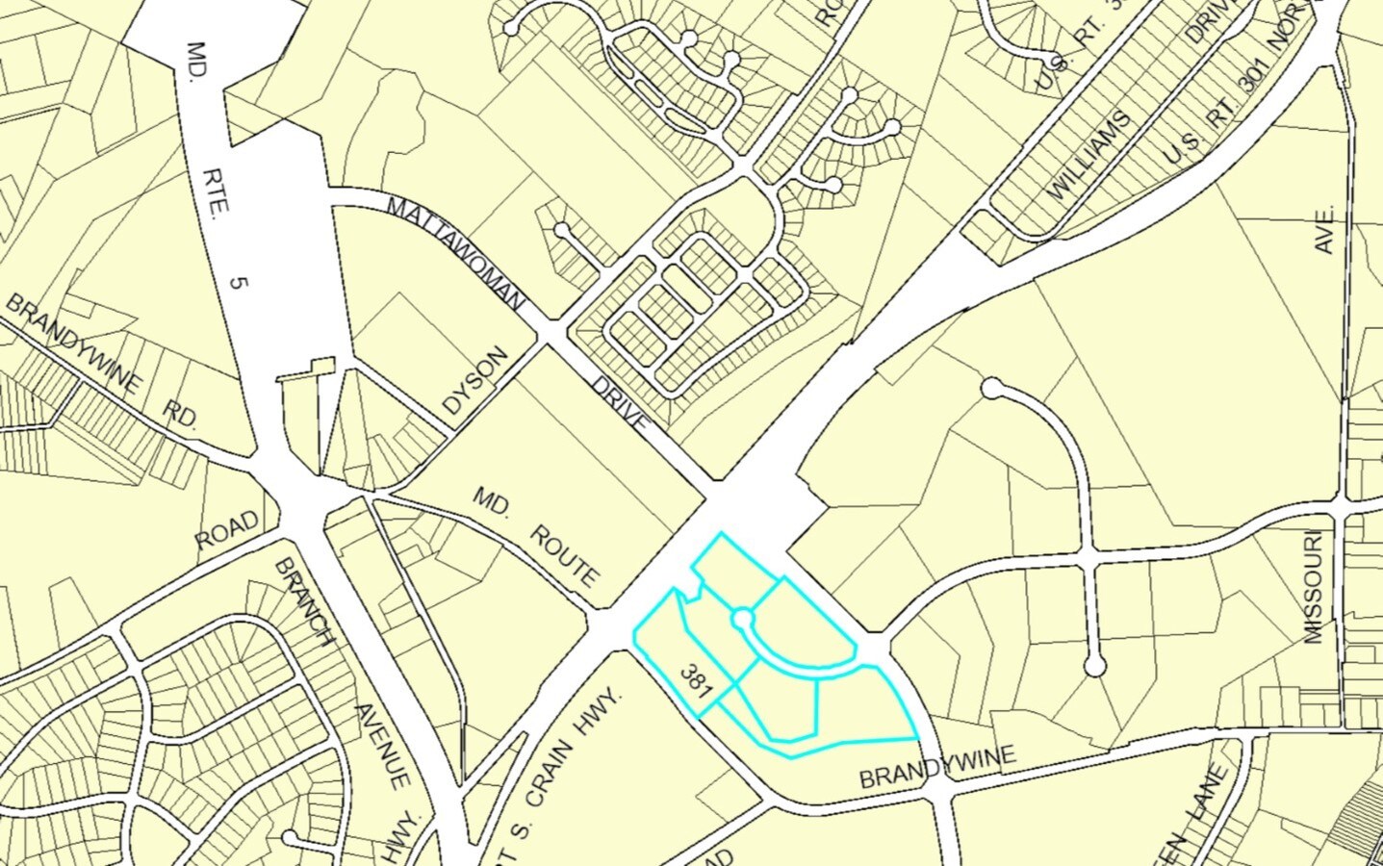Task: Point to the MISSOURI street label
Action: (1315, 586)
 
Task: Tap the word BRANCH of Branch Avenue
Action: (304, 601)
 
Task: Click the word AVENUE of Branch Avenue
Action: (383, 746)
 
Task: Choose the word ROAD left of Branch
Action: (228, 530)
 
